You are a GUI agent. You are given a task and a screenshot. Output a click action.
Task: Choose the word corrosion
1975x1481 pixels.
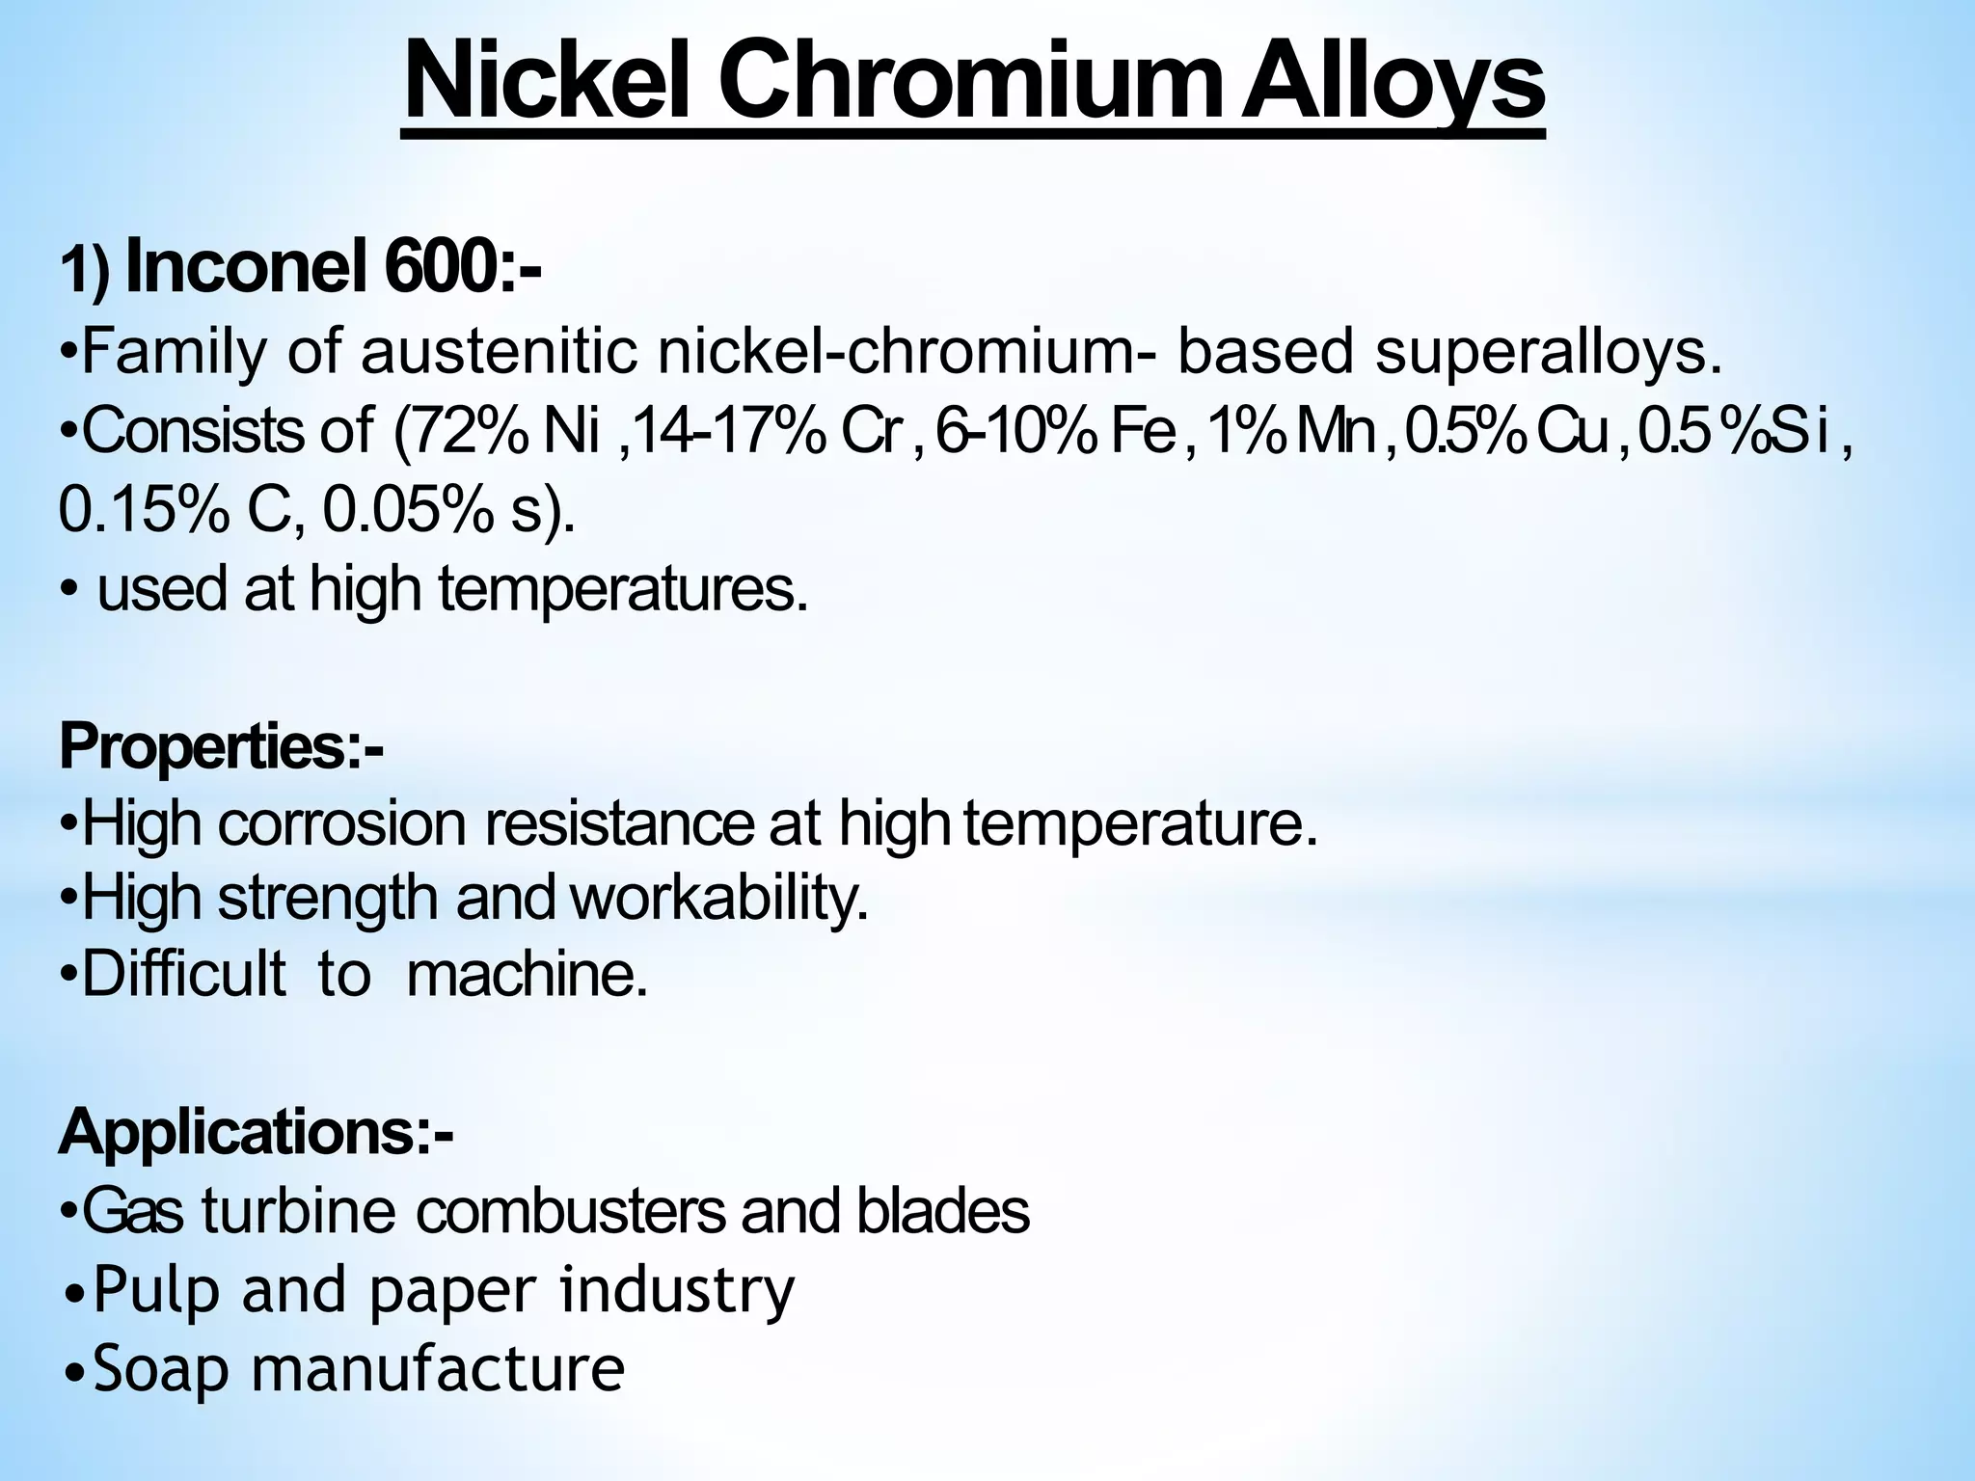click(x=342, y=824)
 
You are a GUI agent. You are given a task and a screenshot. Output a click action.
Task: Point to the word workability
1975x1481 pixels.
click(x=719, y=899)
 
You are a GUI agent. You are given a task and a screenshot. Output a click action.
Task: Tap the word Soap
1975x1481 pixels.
click(x=161, y=1369)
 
